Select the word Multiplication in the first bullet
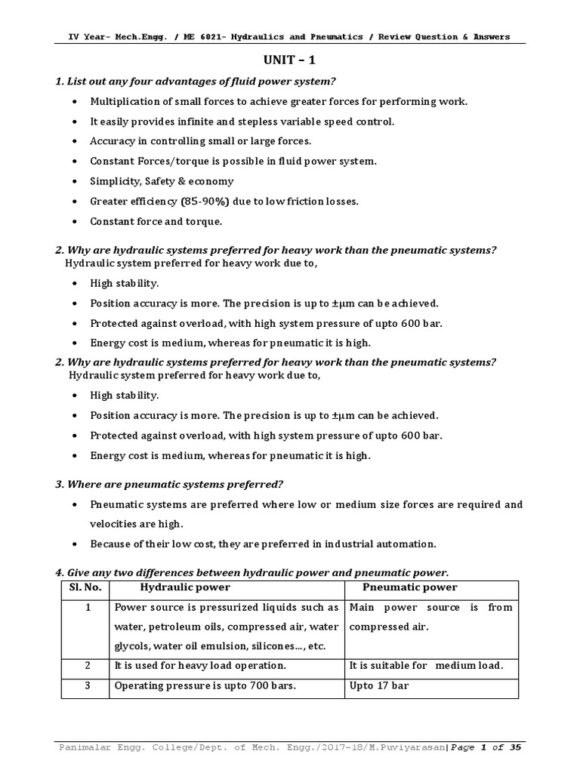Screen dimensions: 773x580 [x=123, y=101]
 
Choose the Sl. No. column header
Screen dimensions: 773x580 [x=84, y=587]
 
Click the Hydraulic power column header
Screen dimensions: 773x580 [x=185, y=587]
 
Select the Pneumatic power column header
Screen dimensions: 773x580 [x=410, y=587]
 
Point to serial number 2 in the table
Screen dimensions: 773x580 [x=88, y=665]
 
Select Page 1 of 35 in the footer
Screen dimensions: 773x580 [x=486, y=747]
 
